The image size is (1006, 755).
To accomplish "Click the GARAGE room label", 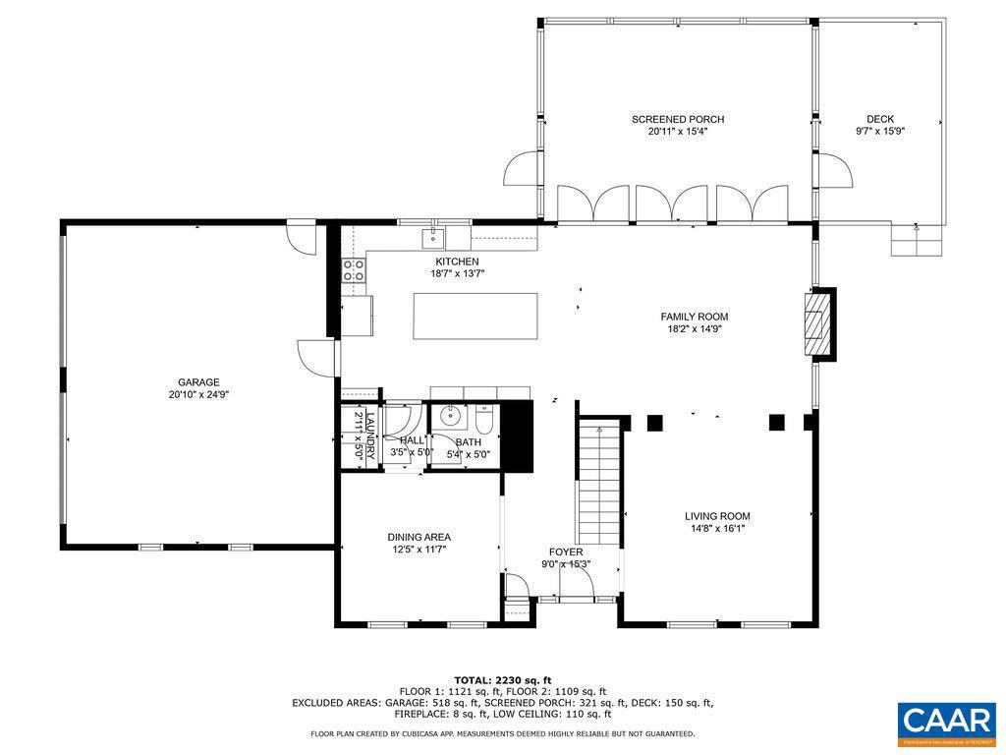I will [x=198, y=382].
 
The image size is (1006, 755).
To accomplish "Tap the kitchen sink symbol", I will [x=432, y=237].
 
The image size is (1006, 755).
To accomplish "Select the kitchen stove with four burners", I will [x=354, y=270].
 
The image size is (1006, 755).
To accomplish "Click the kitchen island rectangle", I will [x=475, y=316].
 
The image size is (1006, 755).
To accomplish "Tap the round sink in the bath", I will [x=450, y=416].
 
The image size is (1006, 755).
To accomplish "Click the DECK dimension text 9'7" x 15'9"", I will [x=879, y=131].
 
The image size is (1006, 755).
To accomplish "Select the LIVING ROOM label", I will [x=717, y=515].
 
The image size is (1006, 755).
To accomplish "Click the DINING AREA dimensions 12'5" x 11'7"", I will [x=419, y=550].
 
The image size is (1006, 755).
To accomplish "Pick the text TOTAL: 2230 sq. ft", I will [x=502, y=680].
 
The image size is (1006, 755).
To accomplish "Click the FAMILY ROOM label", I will [x=694, y=317].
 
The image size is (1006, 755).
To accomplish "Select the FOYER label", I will [x=566, y=552].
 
